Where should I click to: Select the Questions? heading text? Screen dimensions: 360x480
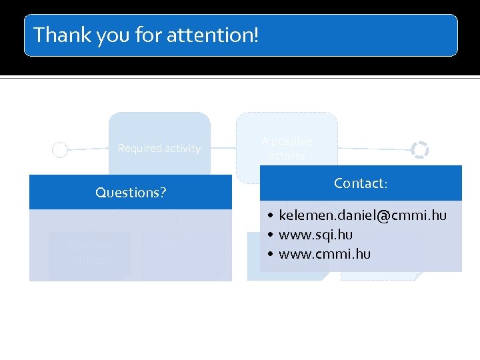click(131, 193)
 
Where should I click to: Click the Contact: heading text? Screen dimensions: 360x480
click(361, 183)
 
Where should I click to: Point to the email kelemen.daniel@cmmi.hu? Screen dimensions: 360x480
click(363, 215)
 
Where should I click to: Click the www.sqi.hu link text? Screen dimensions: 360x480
click(315, 235)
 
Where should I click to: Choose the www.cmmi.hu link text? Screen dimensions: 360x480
click(325, 254)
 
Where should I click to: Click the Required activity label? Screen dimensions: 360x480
click(159, 148)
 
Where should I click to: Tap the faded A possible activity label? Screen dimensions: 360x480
click(287, 148)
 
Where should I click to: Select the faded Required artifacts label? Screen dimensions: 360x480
click(89, 253)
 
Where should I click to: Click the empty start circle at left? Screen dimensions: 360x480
click(59, 150)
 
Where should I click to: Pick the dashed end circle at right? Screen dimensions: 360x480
click(419, 150)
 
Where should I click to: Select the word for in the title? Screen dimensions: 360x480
click(148, 34)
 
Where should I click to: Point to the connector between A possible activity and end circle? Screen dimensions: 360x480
click(373, 148)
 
